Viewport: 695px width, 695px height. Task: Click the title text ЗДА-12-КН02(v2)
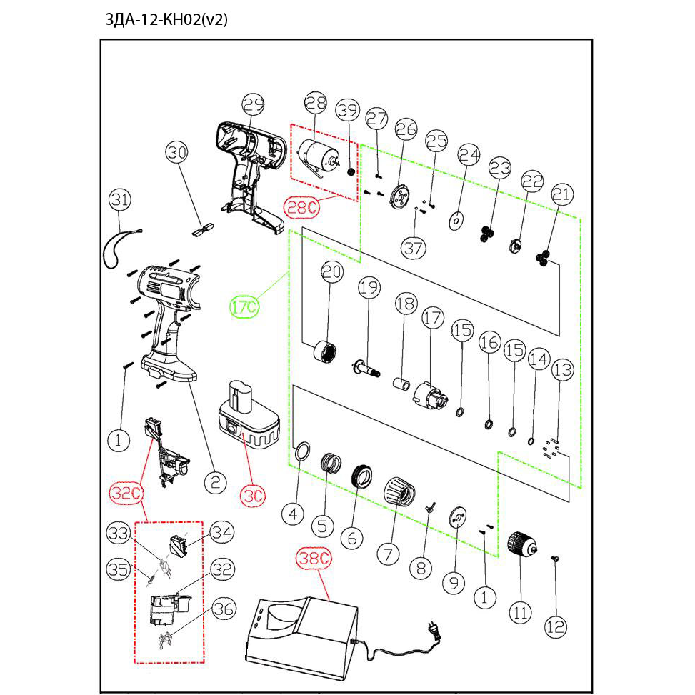(166, 19)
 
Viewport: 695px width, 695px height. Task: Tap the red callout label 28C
(301, 208)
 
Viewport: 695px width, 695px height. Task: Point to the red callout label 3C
(253, 494)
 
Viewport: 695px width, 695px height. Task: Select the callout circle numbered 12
(556, 627)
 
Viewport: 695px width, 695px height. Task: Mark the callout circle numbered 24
(469, 154)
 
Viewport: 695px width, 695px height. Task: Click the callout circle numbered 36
(224, 609)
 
